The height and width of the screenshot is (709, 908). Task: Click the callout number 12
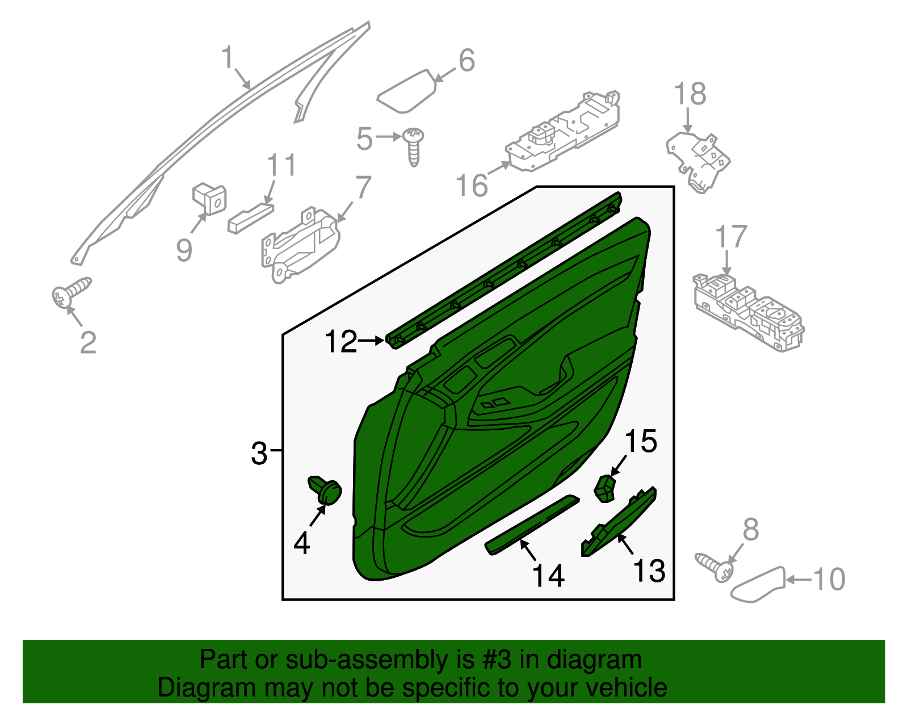341,342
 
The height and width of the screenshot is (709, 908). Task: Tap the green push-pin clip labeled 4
325,489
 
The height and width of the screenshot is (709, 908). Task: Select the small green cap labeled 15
605,489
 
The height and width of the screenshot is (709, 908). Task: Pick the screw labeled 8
715,565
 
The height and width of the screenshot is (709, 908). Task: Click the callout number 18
690,94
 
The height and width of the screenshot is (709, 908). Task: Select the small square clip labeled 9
209,199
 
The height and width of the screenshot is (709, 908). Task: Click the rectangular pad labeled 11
250,217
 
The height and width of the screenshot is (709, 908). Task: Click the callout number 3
259,454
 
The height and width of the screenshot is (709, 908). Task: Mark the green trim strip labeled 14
531,525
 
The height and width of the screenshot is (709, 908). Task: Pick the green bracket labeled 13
619,521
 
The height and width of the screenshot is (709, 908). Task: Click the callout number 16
472,185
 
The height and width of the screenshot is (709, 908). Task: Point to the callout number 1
228,58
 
